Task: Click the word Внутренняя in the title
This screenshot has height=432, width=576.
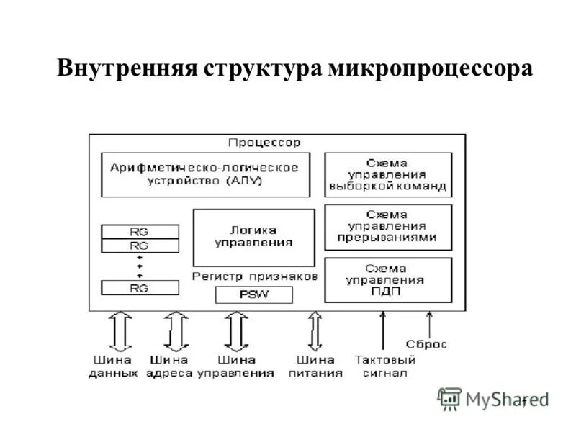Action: (x=127, y=69)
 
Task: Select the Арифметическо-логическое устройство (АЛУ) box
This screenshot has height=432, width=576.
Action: (x=205, y=174)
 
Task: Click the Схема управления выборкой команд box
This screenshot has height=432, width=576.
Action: (x=387, y=174)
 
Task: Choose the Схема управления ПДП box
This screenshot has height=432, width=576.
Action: (x=387, y=280)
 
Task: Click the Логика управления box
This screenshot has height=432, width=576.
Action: (x=253, y=238)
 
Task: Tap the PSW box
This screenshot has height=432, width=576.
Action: (x=253, y=294)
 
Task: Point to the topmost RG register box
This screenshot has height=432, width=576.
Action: (x=140, y=232)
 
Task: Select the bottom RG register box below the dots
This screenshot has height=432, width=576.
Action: (x=140, y=288)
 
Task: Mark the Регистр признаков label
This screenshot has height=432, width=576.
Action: (x=254, y=276)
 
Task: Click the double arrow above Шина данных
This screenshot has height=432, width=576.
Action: (x=121, y=330)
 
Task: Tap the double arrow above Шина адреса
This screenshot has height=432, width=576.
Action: (x=174, y=330)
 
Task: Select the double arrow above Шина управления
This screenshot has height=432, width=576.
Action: (x=235, y=330)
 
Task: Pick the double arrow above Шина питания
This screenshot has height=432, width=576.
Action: (x=314, y=330)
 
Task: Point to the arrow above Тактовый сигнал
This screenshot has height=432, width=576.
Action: (x=382, y=330)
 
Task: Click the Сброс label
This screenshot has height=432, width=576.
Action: (x=426, y=344)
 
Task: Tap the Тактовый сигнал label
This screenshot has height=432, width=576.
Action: (x=384, y=366)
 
